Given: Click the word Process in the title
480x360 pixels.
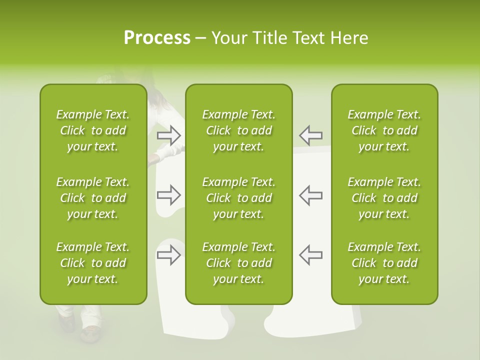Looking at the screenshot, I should (157, 38).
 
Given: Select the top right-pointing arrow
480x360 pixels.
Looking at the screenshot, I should (169, 135).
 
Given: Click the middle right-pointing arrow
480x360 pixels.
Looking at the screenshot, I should (169, 195).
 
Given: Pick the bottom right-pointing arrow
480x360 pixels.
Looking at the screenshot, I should (169, 255).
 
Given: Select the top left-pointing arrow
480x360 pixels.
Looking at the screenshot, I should (310, 135).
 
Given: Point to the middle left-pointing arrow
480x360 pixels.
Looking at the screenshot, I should (310, 195).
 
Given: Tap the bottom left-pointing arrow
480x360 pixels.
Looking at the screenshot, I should (310, 255).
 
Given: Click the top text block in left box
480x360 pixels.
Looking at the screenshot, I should (93, 130).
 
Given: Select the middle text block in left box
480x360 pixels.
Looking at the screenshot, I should (93, 198).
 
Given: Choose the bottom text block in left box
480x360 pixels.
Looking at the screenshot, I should (93, 263).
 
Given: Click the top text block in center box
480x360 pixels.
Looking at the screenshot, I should (239, 130).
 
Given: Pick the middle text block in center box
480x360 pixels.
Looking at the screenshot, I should (239, 198).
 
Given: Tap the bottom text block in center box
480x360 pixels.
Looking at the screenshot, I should (239, 263).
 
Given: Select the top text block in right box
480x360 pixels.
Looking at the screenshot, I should (384, 130).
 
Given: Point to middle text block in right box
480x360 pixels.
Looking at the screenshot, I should (384, 198).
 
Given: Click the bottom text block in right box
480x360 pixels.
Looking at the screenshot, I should (384, 263).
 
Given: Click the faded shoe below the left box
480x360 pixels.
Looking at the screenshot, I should (90, 333).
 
